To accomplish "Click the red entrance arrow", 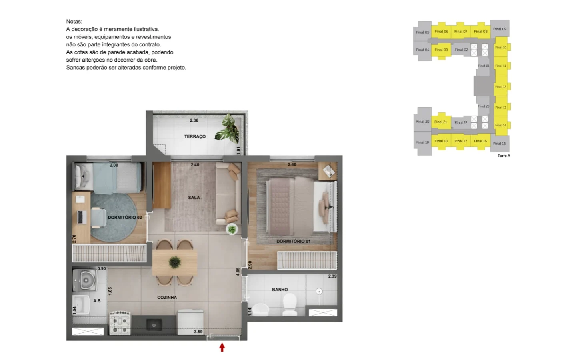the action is (x=222, y=347).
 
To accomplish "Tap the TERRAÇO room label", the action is (x=195, y=136).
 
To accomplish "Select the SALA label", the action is (x=194, y=198).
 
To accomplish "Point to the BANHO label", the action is (x=280, y=290).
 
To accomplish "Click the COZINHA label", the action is (x=167, y=298).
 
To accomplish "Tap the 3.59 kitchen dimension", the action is (x=198, y=332).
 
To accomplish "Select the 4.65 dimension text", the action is (x=238, y=272).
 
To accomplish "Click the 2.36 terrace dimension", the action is (x=194, y=120).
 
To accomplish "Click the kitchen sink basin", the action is (x=154, y=325).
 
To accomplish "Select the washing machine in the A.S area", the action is (x=85, y=280).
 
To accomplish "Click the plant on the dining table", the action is (x=174, y=262).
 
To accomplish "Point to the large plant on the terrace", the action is (x=228, y=128).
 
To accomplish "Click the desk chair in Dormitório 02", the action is (x=99, y=218).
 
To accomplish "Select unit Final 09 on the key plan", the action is (x=500, y=29).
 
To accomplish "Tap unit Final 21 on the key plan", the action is (x=441, y=122).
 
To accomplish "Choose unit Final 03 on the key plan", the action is (x=441, y=50).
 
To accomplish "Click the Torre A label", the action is (x=504, y=156).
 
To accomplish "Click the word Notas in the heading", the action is (x=74, y=22).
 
